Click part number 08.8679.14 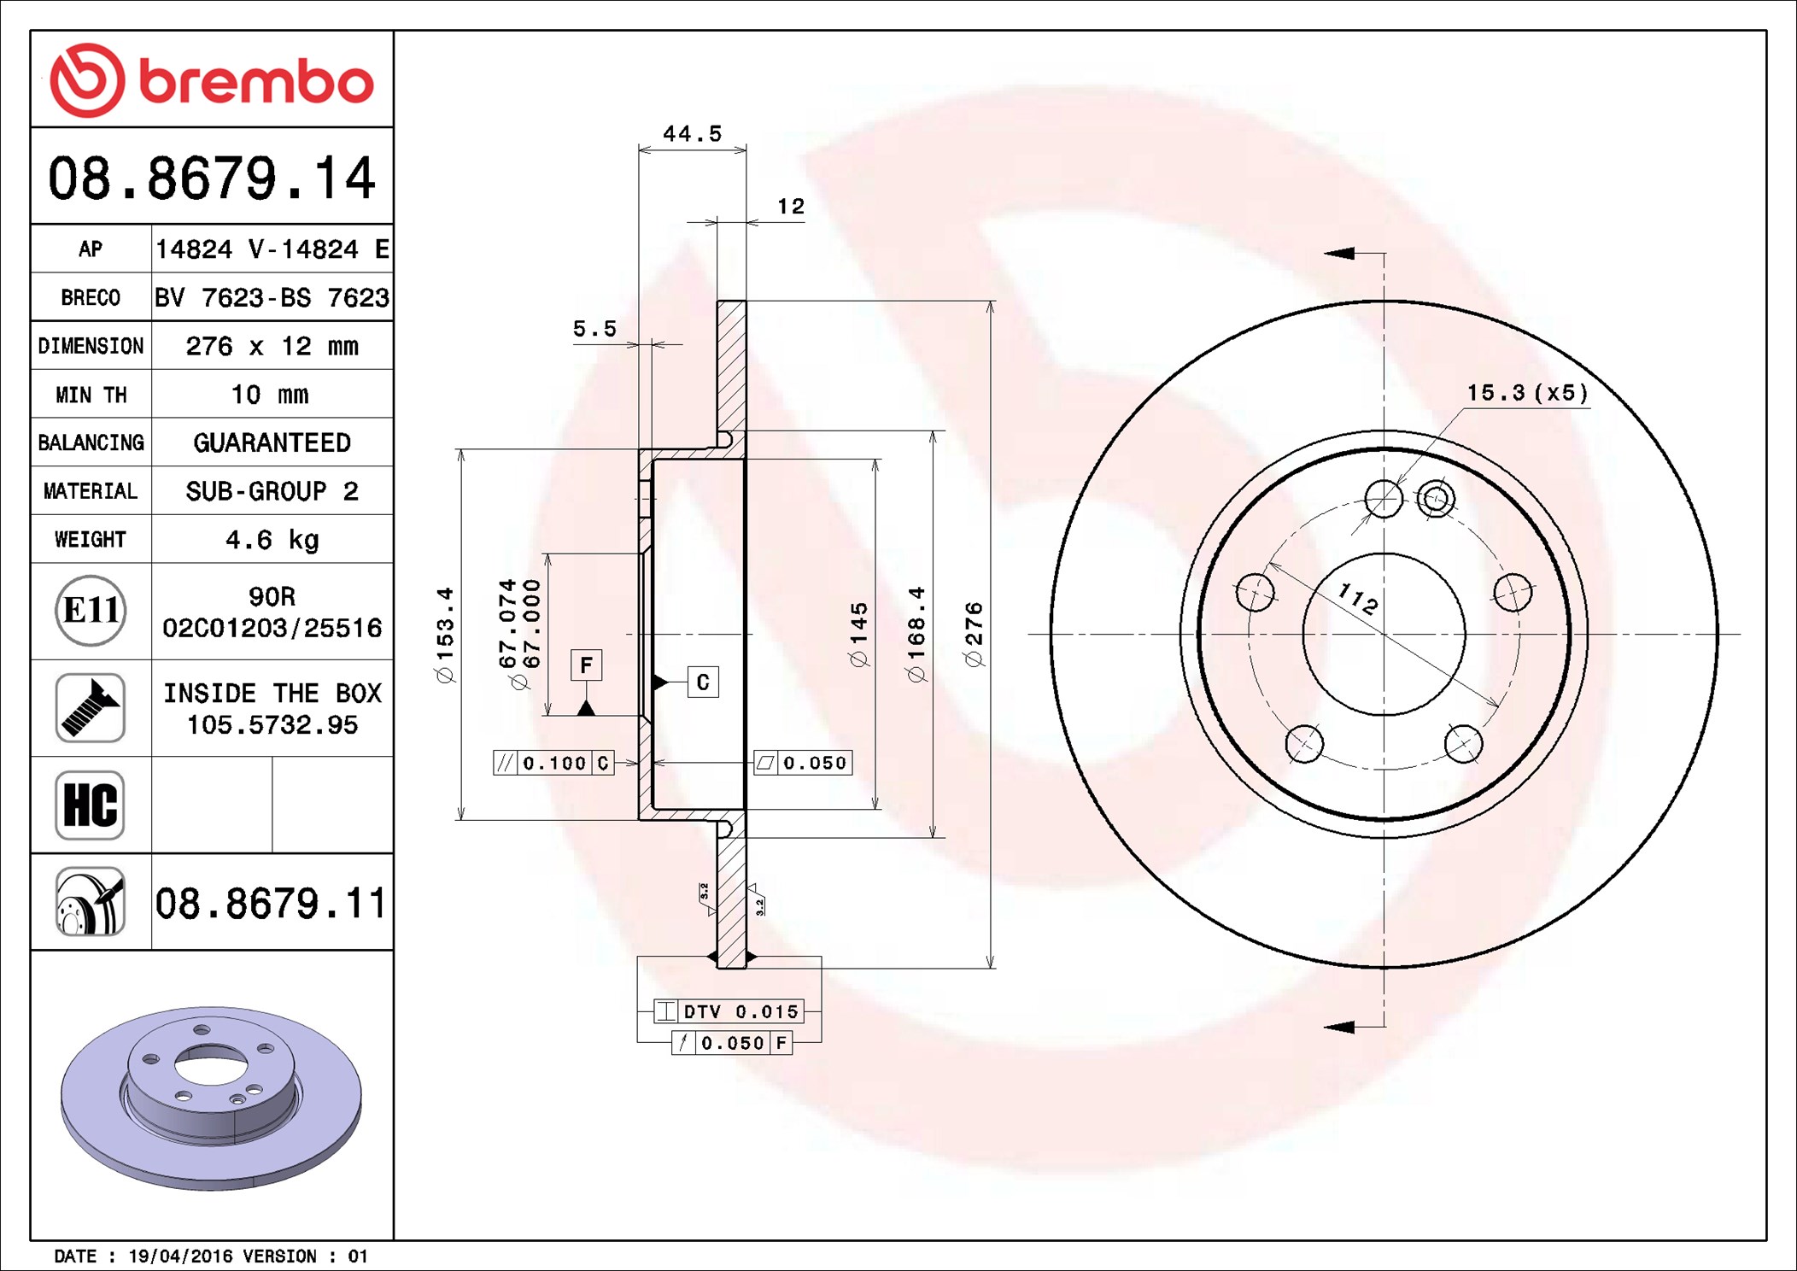pos(211,179)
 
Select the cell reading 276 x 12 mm pos(272,346)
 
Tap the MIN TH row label pos(91,395)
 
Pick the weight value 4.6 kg pos(272,540)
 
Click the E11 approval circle pos(91,611)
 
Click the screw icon pos(91,707)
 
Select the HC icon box pos(91,805)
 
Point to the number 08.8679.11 pos(270,904)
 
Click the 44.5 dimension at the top pos(692,134)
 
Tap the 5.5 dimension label pos(594,329)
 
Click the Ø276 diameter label pos(974,634)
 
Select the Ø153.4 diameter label pos(446,634)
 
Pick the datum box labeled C pos(703,682)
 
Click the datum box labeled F pos(586,665)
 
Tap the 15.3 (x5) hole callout pos(1527,393)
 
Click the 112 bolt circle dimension pos(1358,598)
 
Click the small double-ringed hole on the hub pos(1436,498)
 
